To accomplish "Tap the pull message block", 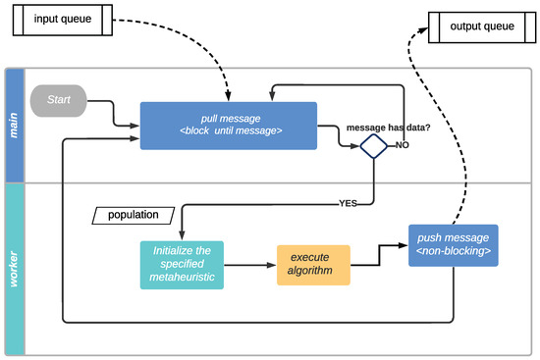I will tap(228, 126).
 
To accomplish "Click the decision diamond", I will tap(373, 146).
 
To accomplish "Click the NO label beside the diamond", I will tap(403, 145).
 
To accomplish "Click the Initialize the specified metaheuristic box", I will tap(182, 265).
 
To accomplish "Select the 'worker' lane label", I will tap(14, 268).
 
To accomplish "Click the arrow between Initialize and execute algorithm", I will tap(249, 266).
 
